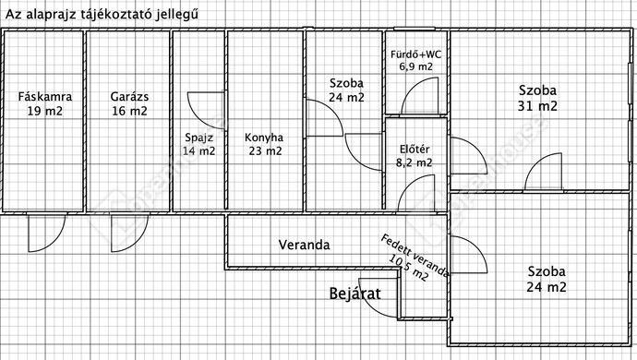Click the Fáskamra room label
tap(44, 96)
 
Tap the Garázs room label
tap(129, 96)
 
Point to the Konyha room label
tap(264, 138)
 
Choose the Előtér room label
tap(415, 149)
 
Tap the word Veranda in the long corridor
tap(305, 245)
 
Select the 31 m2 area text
tap(536, 106)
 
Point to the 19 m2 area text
tap(44, 111)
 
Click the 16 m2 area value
tap(129, 111)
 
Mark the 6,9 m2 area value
tap(415, 66)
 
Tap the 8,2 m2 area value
tap(415, 162)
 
